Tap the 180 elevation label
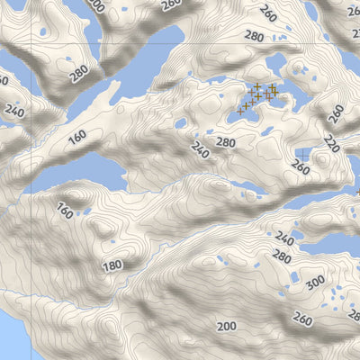click(112, 265)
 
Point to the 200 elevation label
click(226, 326)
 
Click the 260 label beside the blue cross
click(302, 166)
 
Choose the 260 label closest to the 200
click(302, 320)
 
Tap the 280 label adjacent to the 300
click(282, 257)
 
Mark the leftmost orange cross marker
click(242, 108)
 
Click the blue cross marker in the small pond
click(303, 155)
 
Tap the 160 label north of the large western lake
click(76, 137)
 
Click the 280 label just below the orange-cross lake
click(225, 142)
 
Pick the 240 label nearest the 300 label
click(286, 238)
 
